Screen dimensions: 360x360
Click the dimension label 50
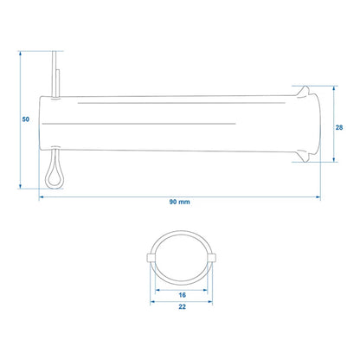[26, 119]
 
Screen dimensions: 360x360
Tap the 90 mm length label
[179, 202]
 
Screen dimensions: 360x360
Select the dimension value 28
[339, 127]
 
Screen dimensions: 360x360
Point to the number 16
[182, 295]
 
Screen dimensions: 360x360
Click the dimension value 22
[182, 306]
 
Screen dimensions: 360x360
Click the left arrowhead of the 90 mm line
[42, 197]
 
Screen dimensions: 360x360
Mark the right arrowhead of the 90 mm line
[318, 197]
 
